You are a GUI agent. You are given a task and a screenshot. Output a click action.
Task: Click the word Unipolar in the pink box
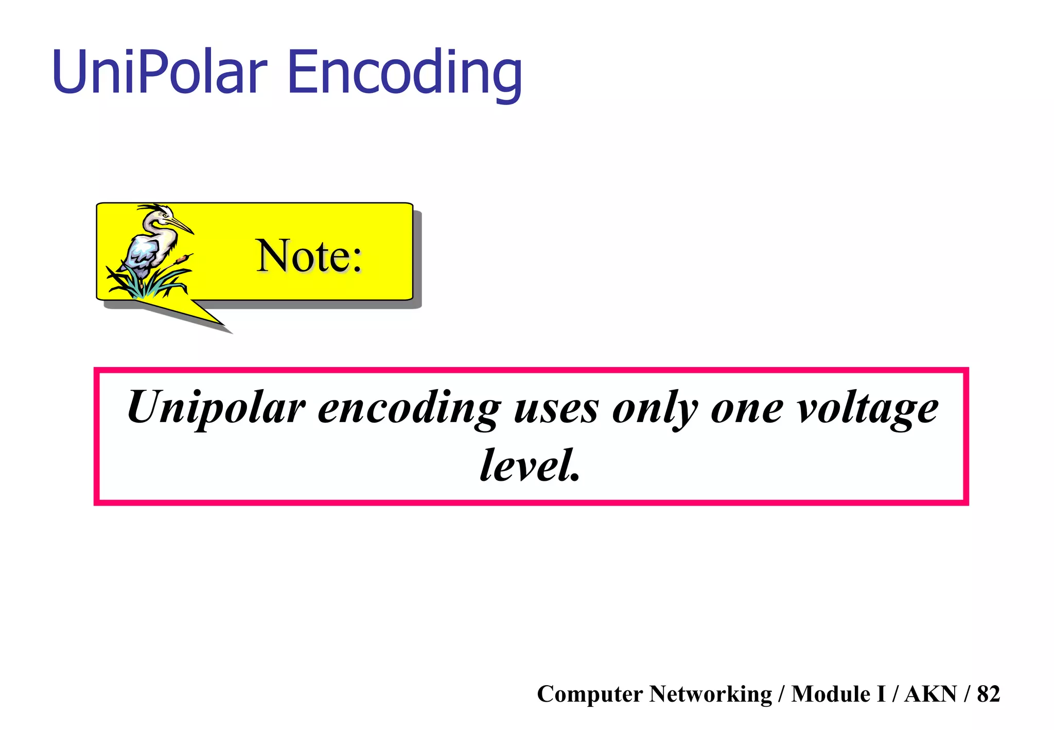coord(216,408)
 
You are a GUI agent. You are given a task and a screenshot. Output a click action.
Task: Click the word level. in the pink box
coord(530,465)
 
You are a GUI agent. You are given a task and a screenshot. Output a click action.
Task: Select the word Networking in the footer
coord(710,694)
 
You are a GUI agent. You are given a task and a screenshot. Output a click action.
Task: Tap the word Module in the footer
coord(831,694)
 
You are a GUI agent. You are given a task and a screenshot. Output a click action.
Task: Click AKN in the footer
coord(930,694)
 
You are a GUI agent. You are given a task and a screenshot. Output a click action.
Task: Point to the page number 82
coord(988,694)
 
